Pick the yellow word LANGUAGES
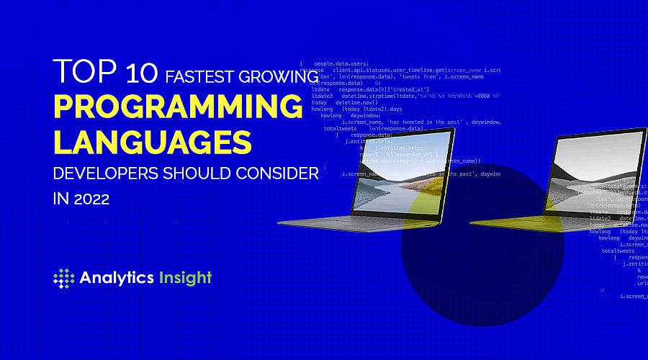click(x=152, y=140)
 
